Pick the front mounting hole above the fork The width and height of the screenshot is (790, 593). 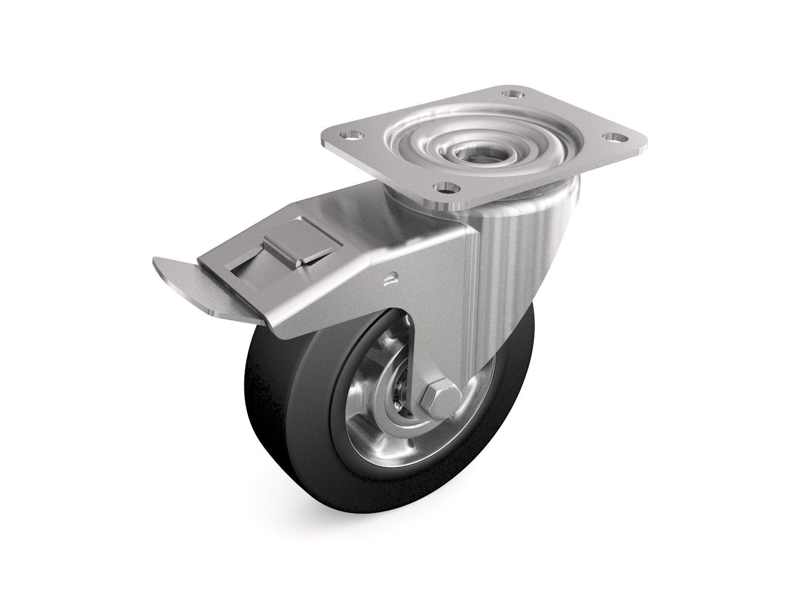coord(447,188)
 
